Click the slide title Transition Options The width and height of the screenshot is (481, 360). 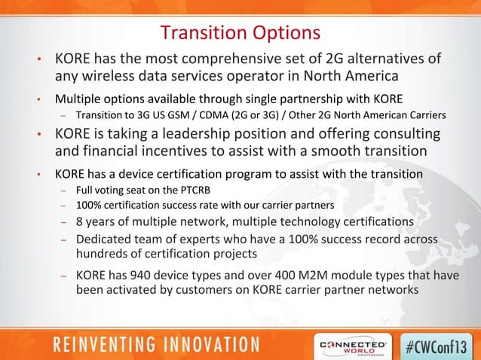tap(240, 33)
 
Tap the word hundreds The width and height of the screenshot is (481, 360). tap(104, 254)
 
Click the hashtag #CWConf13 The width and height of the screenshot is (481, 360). tap(440, 343)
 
